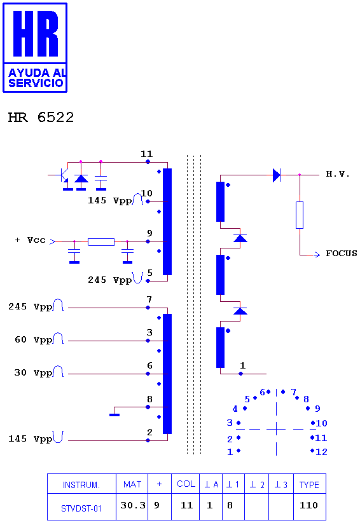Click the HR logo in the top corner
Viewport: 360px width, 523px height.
tap(35, 48)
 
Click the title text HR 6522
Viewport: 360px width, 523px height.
tap(41, 118)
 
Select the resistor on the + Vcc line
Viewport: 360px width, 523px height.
tap(101, 242)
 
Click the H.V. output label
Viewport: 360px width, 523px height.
tap(338, 174)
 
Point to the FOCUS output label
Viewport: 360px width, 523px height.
tap(342, 254)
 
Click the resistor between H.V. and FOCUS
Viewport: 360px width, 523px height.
tap(300, 215)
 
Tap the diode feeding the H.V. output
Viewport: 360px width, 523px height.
tap(277, 175)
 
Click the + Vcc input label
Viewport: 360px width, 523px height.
tap(31, 240)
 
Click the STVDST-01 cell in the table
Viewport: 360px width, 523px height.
tap(81, 508)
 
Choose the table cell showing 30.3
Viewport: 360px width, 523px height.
tap(132, 506)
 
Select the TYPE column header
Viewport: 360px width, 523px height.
tap(309, 485)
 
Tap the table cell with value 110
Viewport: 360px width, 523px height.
tap(308, 506)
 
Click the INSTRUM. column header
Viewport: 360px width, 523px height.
tap(81, 485)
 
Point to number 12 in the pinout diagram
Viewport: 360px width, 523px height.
tap(321, 452)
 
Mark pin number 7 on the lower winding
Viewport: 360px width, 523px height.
tap(149, 299)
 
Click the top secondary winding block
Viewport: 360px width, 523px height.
tap(221, 201)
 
